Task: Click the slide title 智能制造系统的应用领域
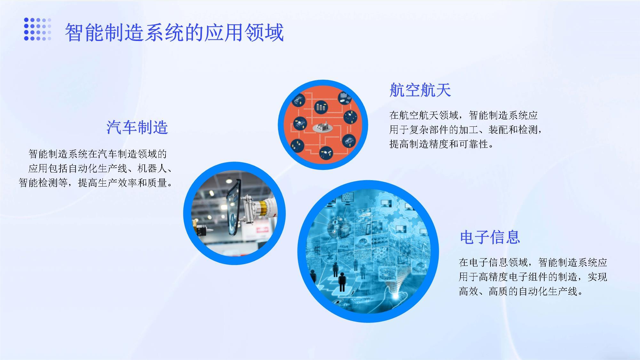[x=174, y=33]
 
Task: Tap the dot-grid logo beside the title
[x=38, y=29]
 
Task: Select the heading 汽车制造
[x=137, y=127]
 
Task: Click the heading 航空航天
[x=420, y=90]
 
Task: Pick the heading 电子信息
[x=490, y=237]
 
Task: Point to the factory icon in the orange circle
[x=323, y=127]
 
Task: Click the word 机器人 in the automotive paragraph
[x=152, y=168]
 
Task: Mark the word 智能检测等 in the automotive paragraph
[x=43, y=183]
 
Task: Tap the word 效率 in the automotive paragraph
[x=127, y=183]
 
